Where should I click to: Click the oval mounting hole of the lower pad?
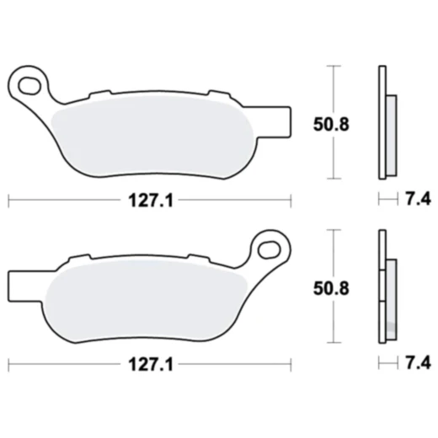click(x=270, y=248)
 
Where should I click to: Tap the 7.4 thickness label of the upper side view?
click(x=418, y=200)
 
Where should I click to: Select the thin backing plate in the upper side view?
click(x=382, y=122)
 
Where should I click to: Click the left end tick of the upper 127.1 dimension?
click(x=8, y=200)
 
